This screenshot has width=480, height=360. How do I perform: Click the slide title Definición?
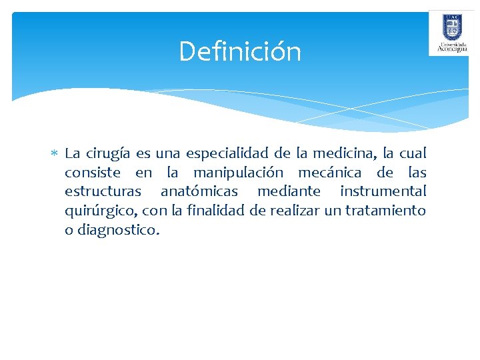[240, 51]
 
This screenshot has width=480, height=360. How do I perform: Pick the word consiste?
[93, 173]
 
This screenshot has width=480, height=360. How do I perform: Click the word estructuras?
[103, 192]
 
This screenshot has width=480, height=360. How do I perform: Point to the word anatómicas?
[199, 192]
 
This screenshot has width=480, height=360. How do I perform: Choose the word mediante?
[289, 192]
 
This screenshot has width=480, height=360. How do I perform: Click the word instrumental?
[383, 192]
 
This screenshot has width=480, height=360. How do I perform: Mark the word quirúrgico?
[100, 211]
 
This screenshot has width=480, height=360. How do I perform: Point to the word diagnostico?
[119, 231]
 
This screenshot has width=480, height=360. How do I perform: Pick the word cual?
[412, 153]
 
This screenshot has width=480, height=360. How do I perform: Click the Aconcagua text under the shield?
[451, 48]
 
